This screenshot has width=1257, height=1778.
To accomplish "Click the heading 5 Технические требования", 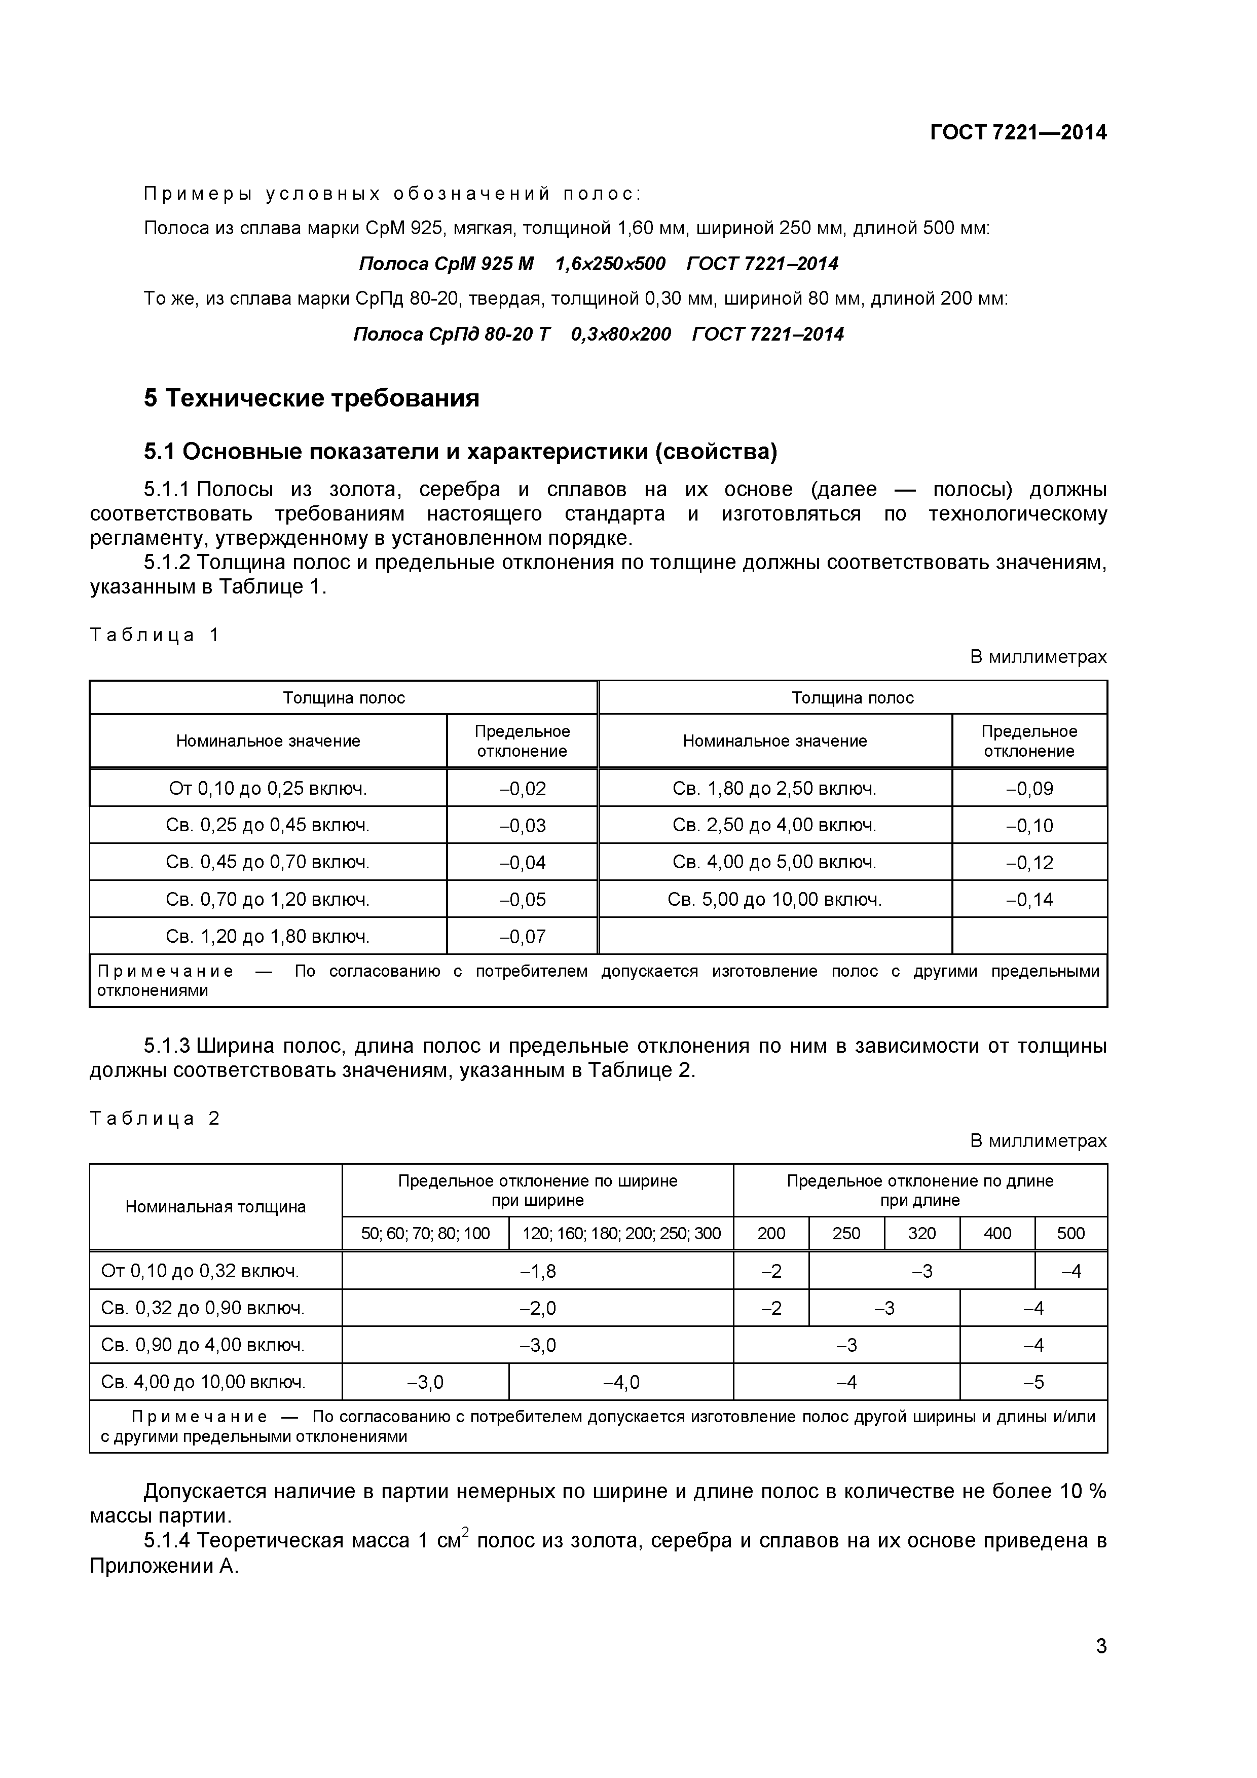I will click(311, 398).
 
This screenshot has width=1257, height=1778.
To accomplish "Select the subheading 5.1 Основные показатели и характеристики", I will click(460, 451).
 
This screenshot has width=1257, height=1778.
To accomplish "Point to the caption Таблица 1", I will click(155, 635).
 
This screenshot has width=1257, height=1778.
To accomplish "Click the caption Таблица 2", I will click(155, 1118).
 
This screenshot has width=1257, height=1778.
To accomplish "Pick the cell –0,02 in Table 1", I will click(522, 788).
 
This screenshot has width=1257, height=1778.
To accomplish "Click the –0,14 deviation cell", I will click(1029, 899).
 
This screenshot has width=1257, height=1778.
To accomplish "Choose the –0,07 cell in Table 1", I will click(522, 936).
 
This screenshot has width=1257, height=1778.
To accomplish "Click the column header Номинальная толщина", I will click(215, 1206).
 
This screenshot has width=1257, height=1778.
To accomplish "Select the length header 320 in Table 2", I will click(921, 1233).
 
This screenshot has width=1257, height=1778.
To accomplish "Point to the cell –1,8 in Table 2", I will click(537, 1271).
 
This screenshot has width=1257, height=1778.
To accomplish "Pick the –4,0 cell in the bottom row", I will click(621, 1382).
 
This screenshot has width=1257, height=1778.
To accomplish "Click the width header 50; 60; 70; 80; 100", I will click(425, 1233).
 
